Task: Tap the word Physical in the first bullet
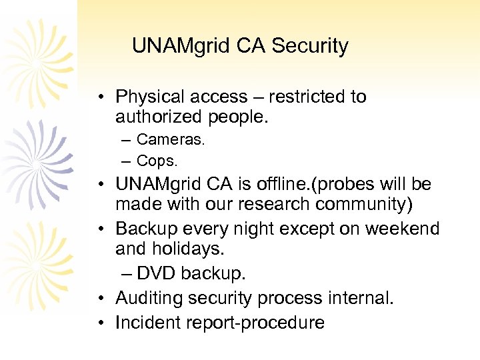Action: (150, 97)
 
